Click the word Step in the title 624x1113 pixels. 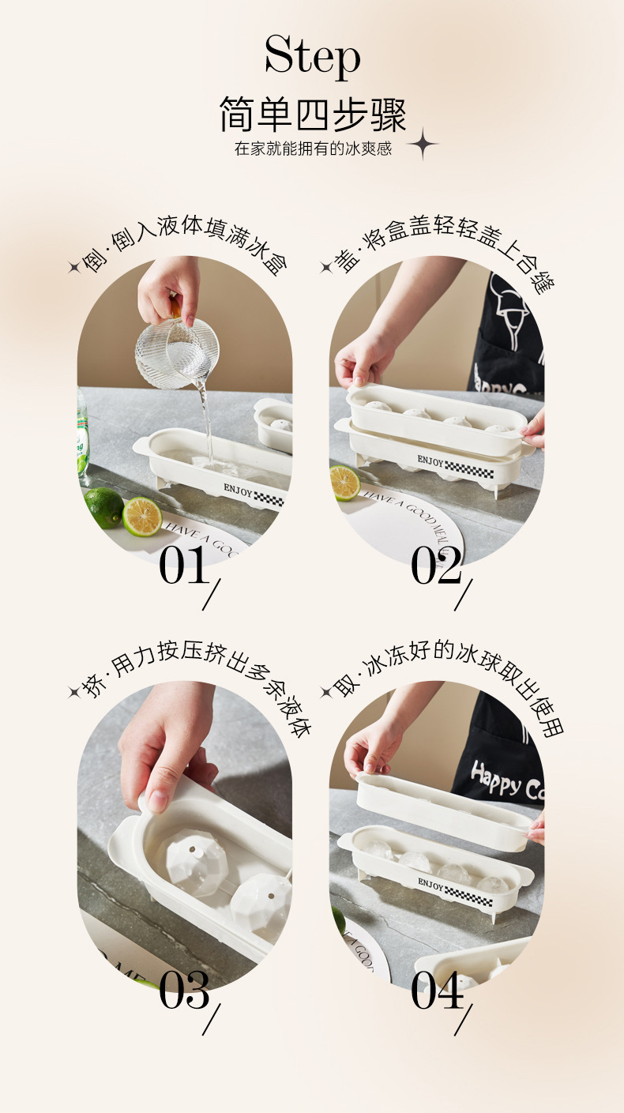coord(312,58)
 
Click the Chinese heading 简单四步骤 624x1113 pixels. coord(312,115)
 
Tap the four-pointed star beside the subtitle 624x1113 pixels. coord(423,144)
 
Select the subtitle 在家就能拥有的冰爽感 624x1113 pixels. coord(313,149)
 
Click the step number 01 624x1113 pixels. coord(183,566)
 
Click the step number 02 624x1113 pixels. coord(436,566)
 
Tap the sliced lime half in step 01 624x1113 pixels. coord(142,517)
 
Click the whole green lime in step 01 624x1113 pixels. coord(103,507)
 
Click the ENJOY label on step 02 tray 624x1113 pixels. coord(431,461)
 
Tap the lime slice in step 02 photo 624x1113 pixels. coord(345,483)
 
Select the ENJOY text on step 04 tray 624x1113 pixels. coord(431,883)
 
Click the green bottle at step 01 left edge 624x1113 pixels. coord(82,434)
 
